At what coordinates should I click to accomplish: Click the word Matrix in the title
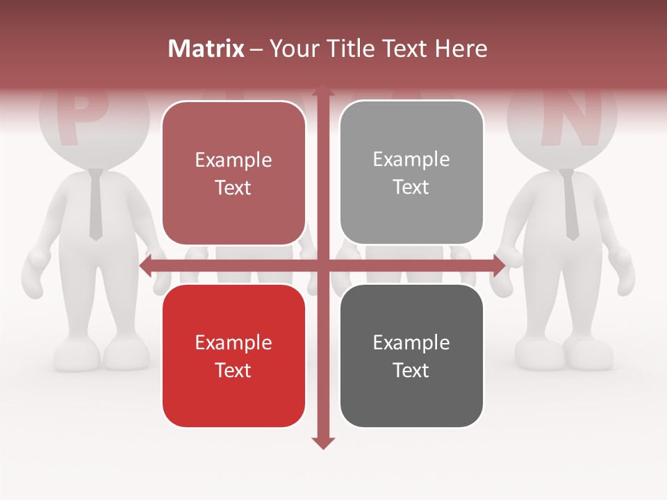(x=206, y=49)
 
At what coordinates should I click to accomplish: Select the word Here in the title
(x=461, y=49)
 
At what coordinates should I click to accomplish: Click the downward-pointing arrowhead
(x=322, y=442)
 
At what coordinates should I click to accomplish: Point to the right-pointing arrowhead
(x=498, y=265)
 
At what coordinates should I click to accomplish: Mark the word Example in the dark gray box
(x=411, y=342)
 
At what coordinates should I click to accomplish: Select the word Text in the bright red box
(x=233, y=370)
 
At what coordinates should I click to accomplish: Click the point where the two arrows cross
(x=322, y=265)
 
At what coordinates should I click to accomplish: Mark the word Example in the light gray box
(x=411, y=159)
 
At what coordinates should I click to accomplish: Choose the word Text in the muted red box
(x=233, y=187)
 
